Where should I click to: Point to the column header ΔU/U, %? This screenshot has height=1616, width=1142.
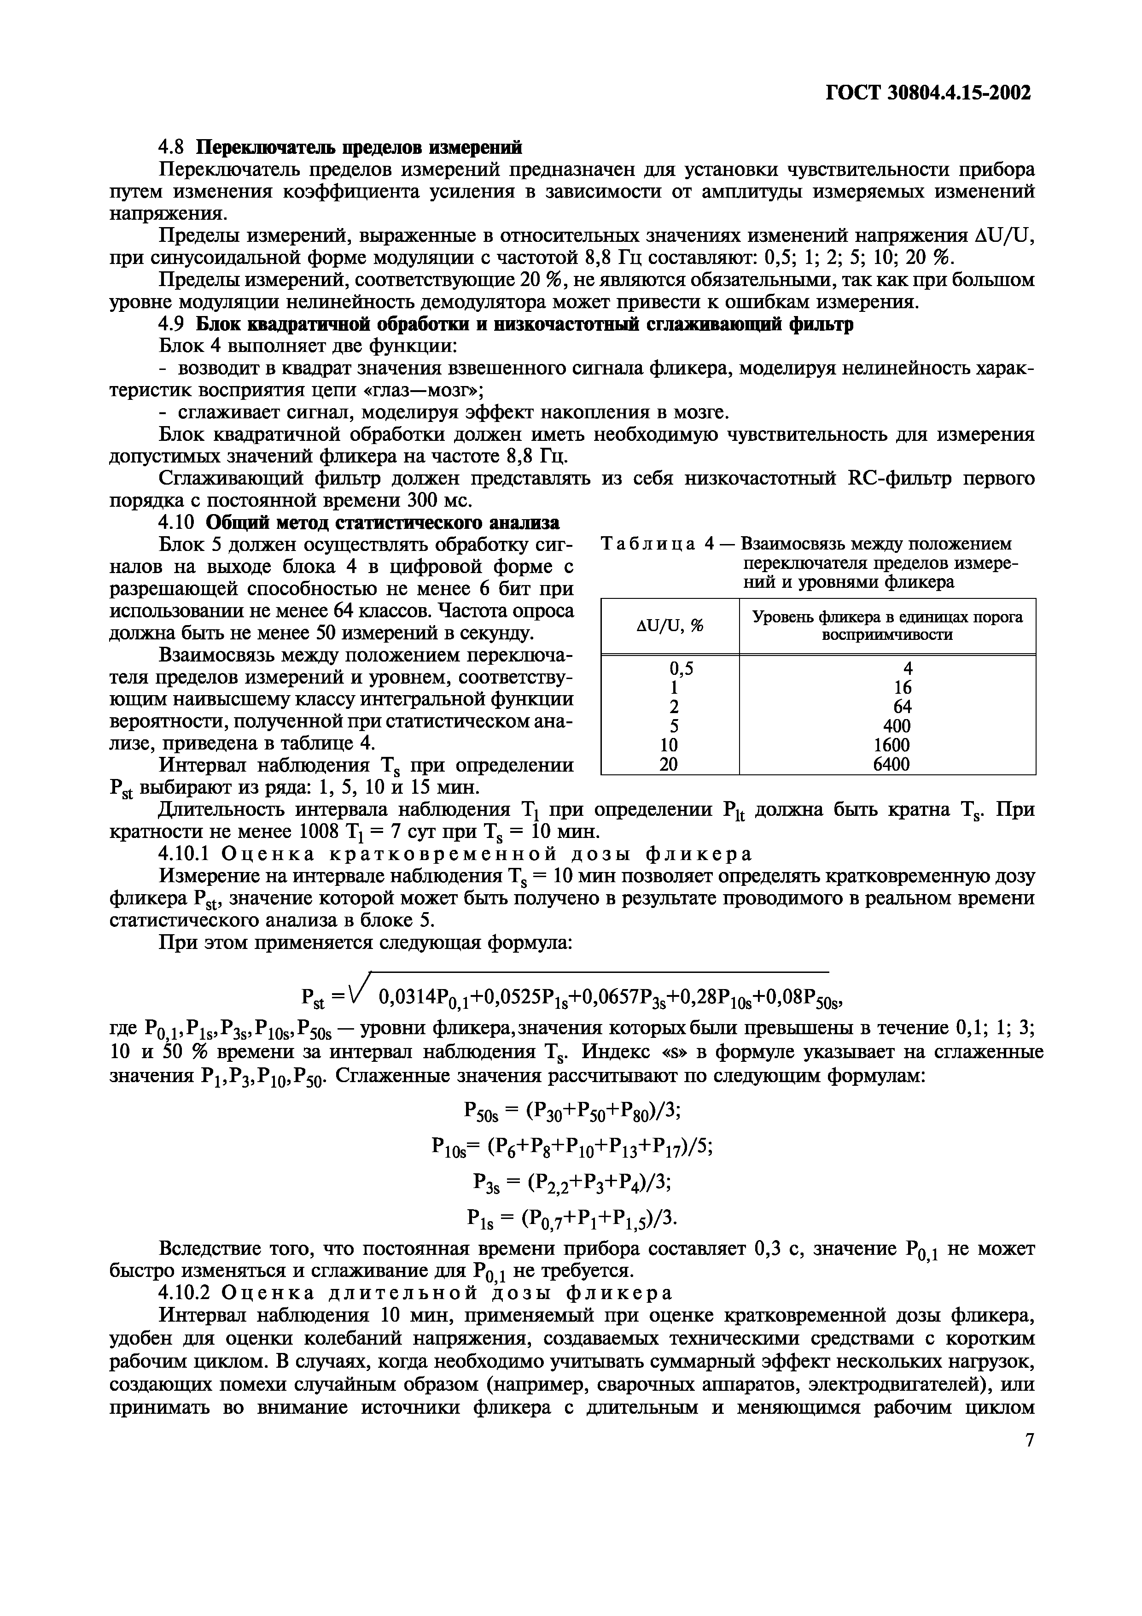point(670,625)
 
